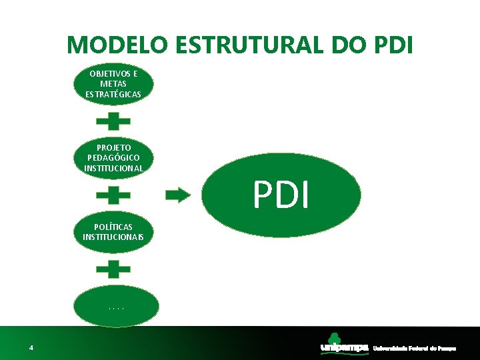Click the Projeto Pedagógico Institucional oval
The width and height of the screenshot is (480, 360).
(x=113, y=157)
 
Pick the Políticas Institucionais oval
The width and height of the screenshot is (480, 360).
(x=113, y=232)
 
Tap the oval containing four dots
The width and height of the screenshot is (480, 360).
(x=116, y=307)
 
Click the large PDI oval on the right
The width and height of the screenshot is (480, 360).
(x=281, y=195)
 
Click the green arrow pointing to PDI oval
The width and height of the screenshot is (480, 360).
(x=178, y=195)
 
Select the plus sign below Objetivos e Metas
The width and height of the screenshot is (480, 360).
(x=113, y=121)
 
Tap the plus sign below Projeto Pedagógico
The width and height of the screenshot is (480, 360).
(x=113, y=195)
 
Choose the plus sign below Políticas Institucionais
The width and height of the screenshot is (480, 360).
(x=113, y=269)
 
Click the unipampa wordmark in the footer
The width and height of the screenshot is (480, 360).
(x=344, y=348)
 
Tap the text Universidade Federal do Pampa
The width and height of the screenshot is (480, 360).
(x=414, y=348)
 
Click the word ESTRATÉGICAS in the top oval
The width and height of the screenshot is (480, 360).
(x=113, y=94)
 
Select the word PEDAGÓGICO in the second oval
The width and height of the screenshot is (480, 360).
(x=113, y=157)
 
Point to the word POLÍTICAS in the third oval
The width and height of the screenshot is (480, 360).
(x=113, y=227)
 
